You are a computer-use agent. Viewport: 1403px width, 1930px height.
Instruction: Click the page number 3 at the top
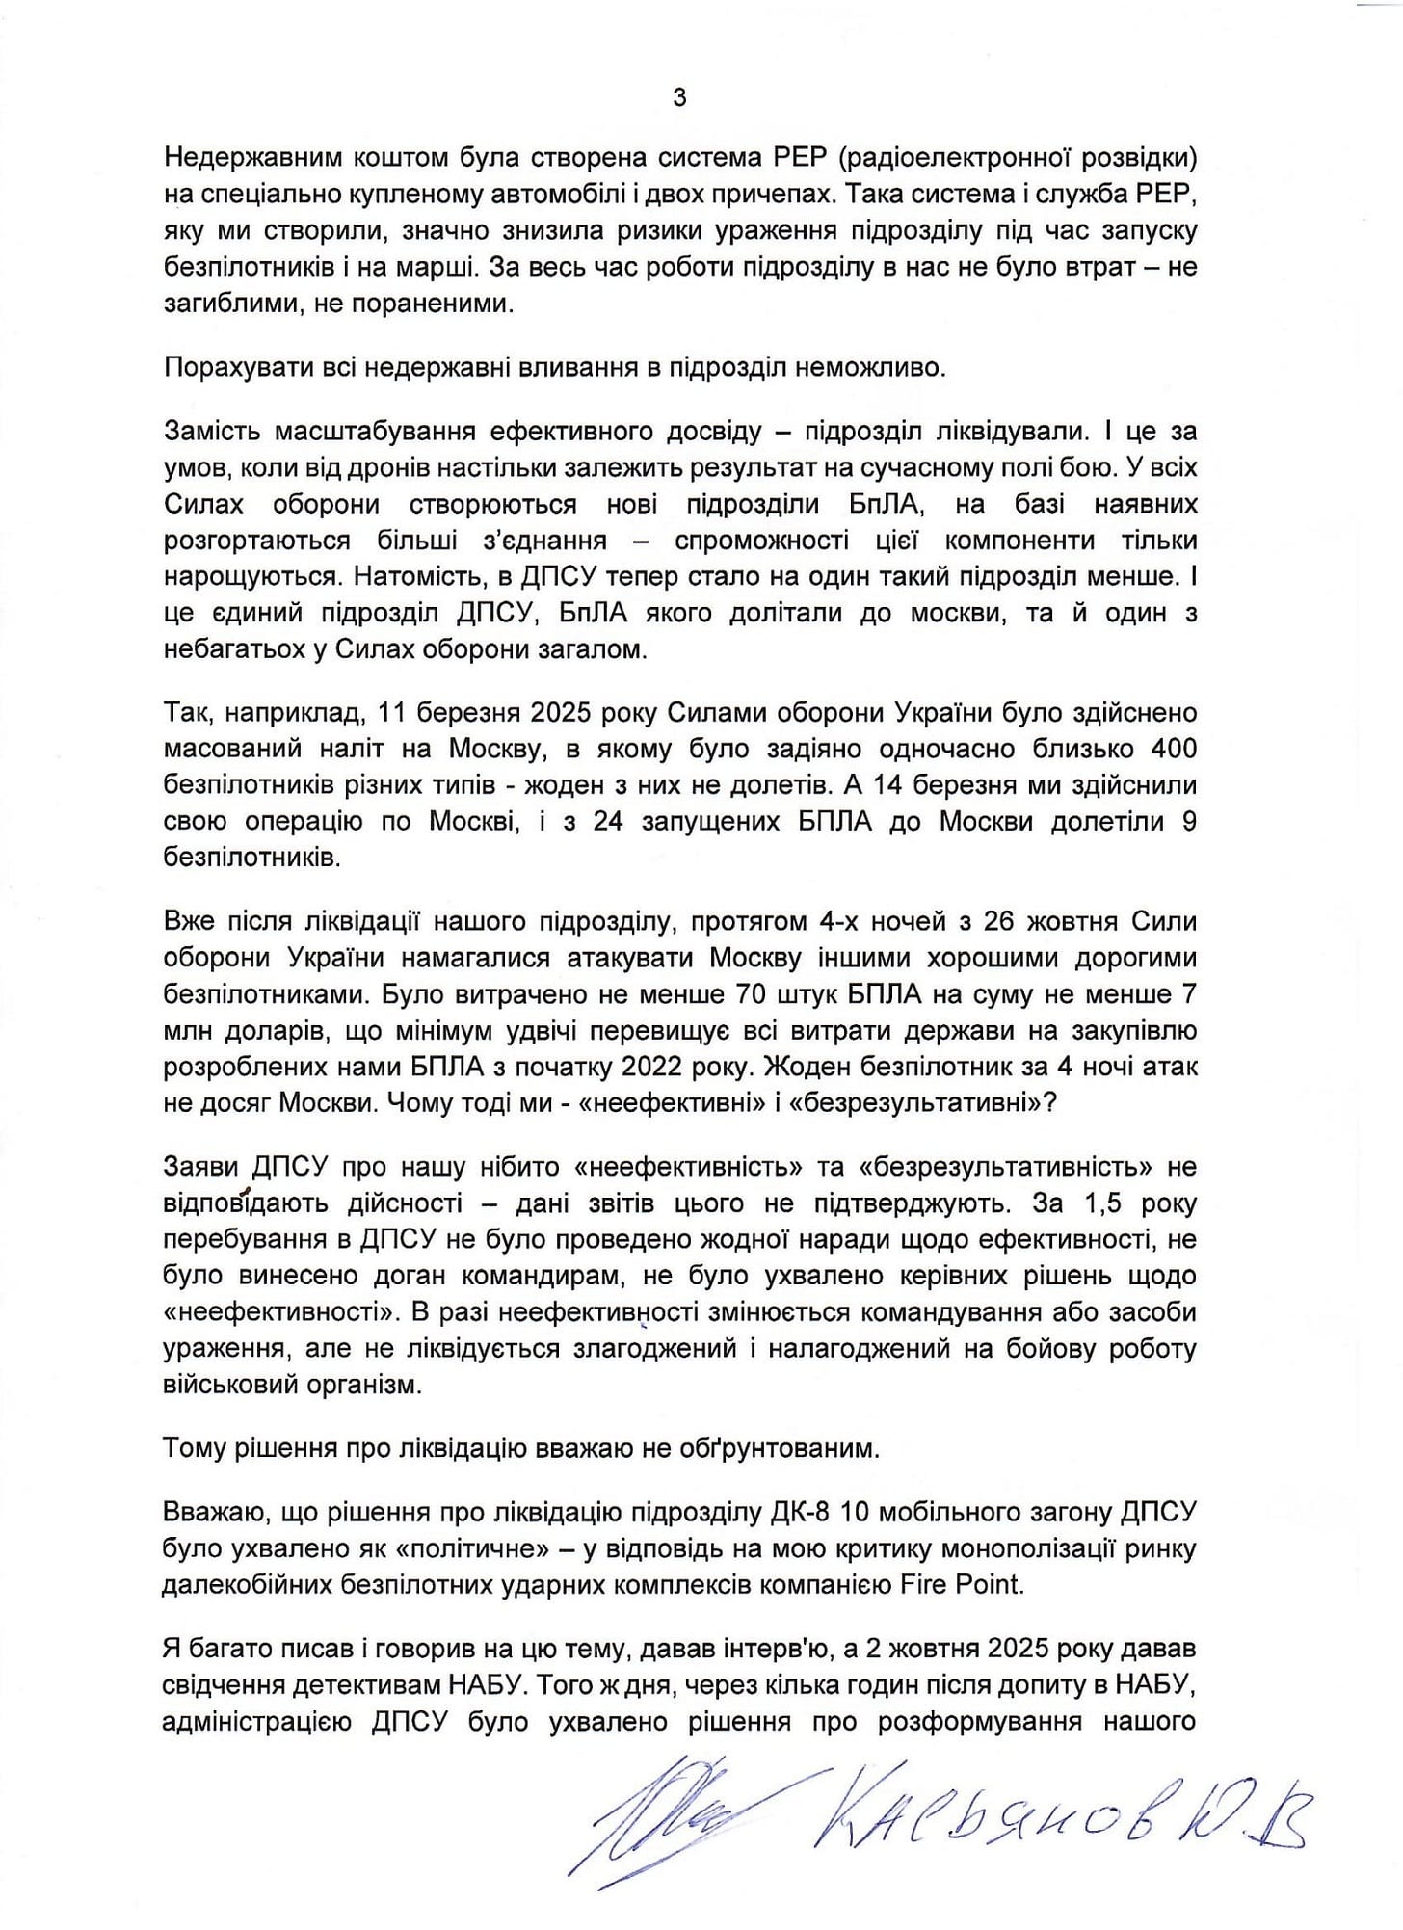coord(679,97)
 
